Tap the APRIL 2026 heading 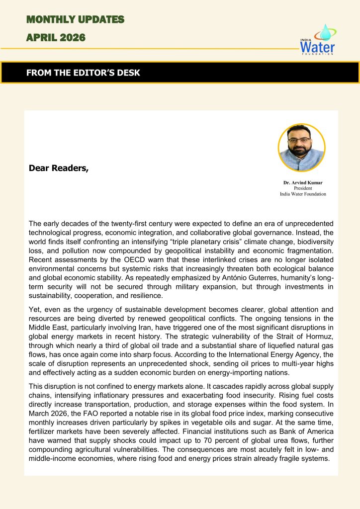(56, 37)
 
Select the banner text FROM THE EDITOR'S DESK (83, 73)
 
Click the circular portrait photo (301, 148)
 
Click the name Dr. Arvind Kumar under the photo (303, 183)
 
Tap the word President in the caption (303, 188)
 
